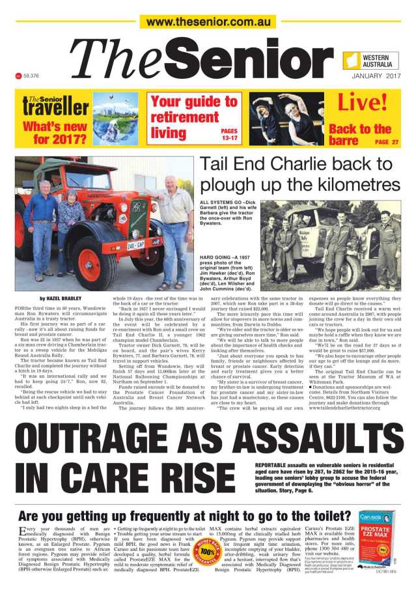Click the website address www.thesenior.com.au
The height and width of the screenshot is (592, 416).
(208, 22)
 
